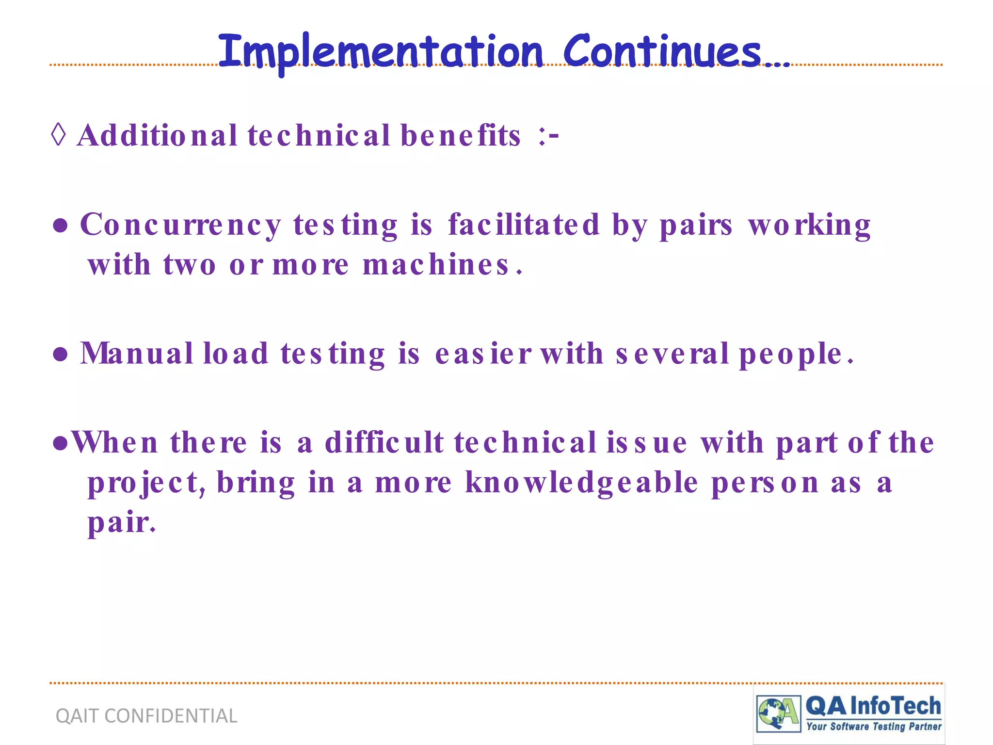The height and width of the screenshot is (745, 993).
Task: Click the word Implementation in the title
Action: (x=381, y=52)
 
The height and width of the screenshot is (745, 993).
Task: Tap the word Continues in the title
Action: (x=662, y=52)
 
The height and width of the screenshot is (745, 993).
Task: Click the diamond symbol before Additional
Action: (x=58, y=134)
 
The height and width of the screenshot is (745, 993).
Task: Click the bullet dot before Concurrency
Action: (x=60, y=226)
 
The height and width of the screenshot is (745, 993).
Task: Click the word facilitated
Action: (x=524, y=225)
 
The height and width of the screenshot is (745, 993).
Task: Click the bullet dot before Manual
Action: (x=60, y=355)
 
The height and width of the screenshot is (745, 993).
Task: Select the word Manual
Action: (x=137, y=353)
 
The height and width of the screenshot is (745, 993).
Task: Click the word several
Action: (x=672, y=353)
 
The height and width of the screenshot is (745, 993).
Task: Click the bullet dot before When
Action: (x=60, y=443)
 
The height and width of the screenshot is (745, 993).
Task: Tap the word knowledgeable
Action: (x=582, y=483)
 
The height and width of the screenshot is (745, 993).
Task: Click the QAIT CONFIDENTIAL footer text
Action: (x=146, y=716)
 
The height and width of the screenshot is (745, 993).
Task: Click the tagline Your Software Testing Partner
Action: (x=874, y=727)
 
